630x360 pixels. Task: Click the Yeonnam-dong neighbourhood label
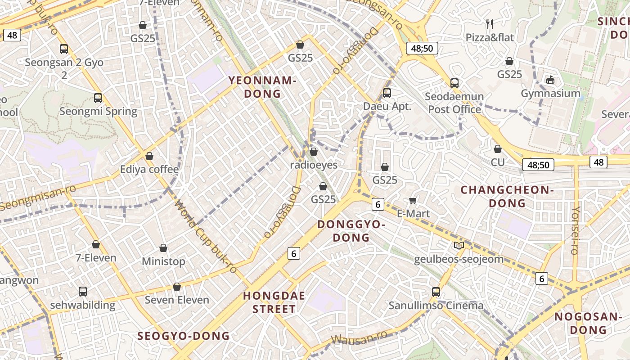tap(262, 87)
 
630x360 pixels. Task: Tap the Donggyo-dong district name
tap(351, 231)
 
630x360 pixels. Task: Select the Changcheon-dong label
tap(507, 197)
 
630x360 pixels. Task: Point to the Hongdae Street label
tap(274, 302)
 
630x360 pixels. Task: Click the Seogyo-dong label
tap(184, 336)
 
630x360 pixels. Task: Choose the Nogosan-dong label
tap(588, 323)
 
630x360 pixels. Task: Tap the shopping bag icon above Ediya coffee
tap(149, 156)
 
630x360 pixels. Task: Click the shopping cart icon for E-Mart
tap(413, 200)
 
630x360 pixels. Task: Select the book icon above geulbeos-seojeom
tap(459, 245)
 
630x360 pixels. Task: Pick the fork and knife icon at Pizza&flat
tap(490, 23)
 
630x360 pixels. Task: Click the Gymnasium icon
tap(550, 80)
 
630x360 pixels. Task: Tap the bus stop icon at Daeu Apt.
tap(387, 93)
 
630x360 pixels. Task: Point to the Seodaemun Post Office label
tap(454, 103)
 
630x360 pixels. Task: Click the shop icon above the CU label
tap(498, 149)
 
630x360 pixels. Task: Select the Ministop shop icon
tap(163, 248)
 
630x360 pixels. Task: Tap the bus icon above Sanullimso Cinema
tap(436, 292)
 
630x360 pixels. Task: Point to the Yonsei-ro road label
tap(575, 230)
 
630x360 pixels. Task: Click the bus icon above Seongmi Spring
tap(98, 98)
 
